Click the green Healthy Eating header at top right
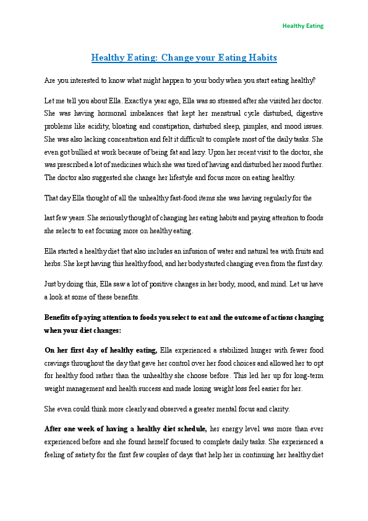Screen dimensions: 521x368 (302, 26)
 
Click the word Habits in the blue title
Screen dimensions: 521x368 (260, 58)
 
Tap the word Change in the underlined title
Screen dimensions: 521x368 (181, 58)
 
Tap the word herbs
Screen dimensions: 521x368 (54, 264)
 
